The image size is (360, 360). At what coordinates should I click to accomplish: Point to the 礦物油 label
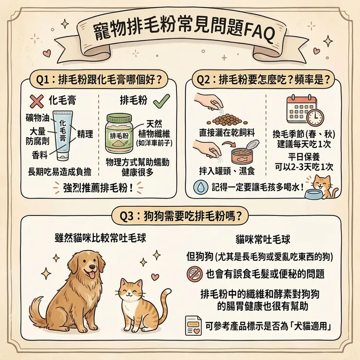(x=36, y=118)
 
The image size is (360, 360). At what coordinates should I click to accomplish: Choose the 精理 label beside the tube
(x=85, y=133)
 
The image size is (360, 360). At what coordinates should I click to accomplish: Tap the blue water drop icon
(x=199, y=186)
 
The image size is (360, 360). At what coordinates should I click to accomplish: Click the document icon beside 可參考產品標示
(x=193, y=325)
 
